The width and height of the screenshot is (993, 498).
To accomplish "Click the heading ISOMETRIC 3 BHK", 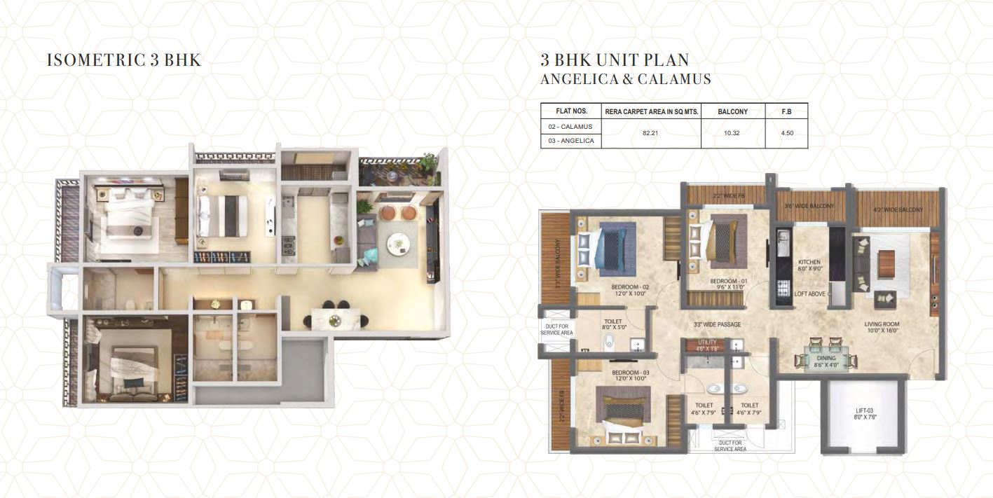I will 124,60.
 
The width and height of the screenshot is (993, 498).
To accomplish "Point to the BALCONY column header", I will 733,111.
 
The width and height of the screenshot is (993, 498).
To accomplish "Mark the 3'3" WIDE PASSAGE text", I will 717,324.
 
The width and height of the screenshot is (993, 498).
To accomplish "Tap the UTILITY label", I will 706,342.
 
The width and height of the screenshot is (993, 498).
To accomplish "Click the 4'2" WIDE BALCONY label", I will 898,210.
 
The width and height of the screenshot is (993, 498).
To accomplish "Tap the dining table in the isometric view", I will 336,319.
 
